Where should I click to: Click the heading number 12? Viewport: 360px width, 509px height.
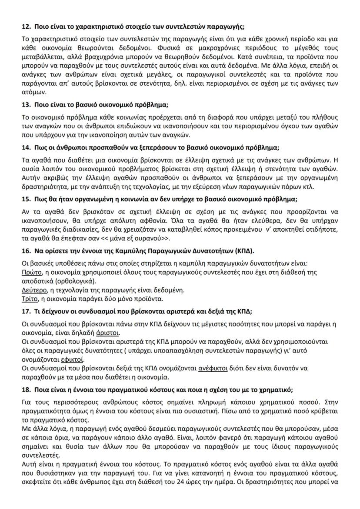coord(26,27)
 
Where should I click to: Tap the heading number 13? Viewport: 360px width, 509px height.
coord(26,105)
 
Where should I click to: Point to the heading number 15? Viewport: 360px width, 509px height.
coord(26,200)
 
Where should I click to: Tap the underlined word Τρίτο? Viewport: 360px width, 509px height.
coord(29,299)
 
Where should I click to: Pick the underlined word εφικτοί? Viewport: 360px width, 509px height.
coord(72,359)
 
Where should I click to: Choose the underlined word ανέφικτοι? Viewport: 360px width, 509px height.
coord(213,368)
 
